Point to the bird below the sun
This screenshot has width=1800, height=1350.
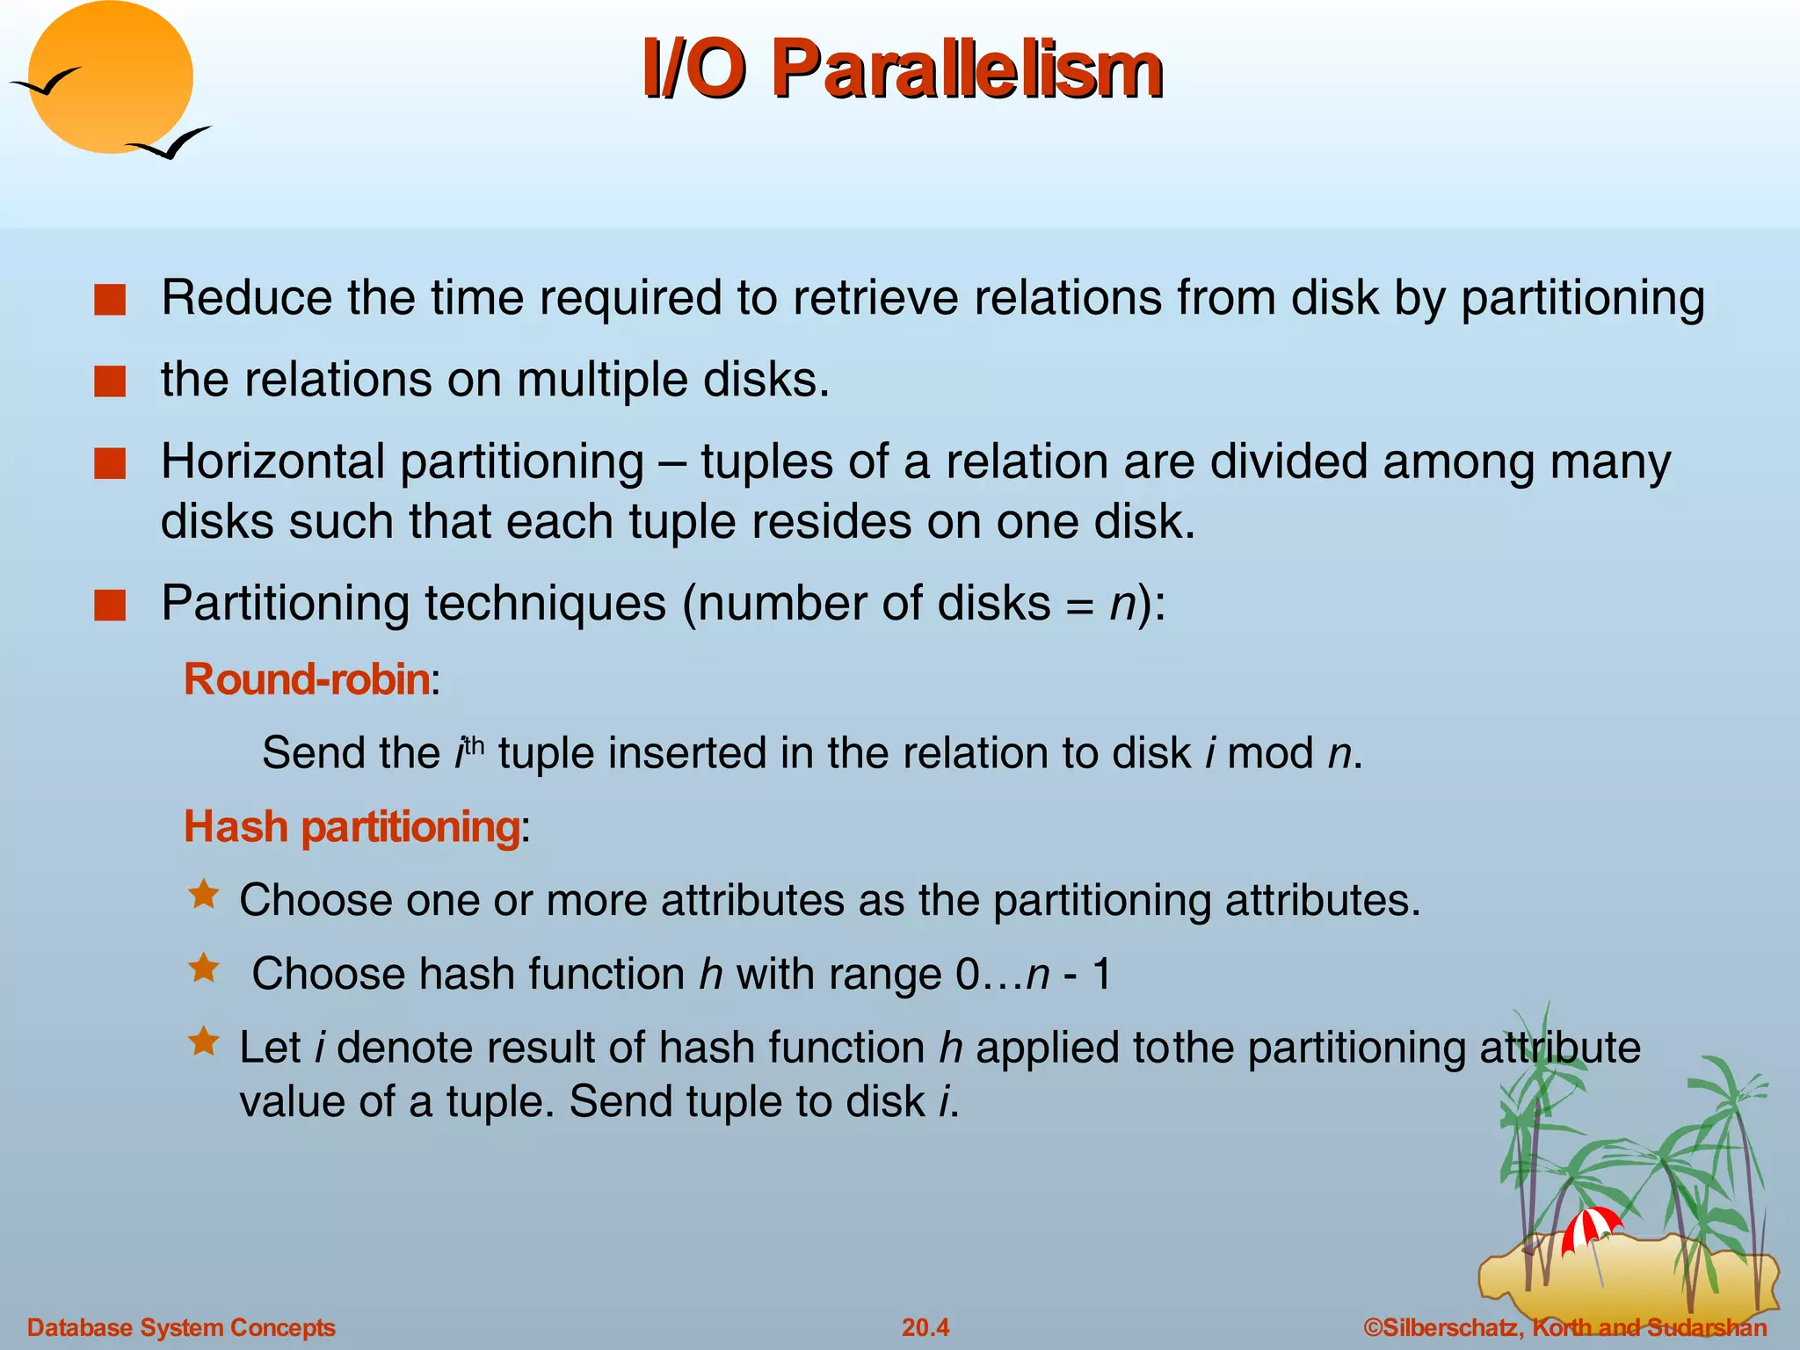[x=171, y=143]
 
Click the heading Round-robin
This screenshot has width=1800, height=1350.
[x=307, y=679]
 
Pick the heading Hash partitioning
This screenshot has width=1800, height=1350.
[x=352, y=827]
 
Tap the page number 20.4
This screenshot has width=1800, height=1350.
[x=925, y=1327]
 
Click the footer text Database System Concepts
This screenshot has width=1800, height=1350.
[x=181, y=1327]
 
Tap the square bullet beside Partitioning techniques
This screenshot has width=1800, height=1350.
[x=110, y=606]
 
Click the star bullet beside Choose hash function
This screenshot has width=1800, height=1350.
[x=204, y=969]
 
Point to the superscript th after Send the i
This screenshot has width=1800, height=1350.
[x=474, y=746]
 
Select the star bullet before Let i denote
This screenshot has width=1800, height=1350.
[x=204, y=1042]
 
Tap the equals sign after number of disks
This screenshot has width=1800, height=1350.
[x=1079, y=606]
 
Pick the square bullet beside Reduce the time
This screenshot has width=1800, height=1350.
[x=110, y=300]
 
